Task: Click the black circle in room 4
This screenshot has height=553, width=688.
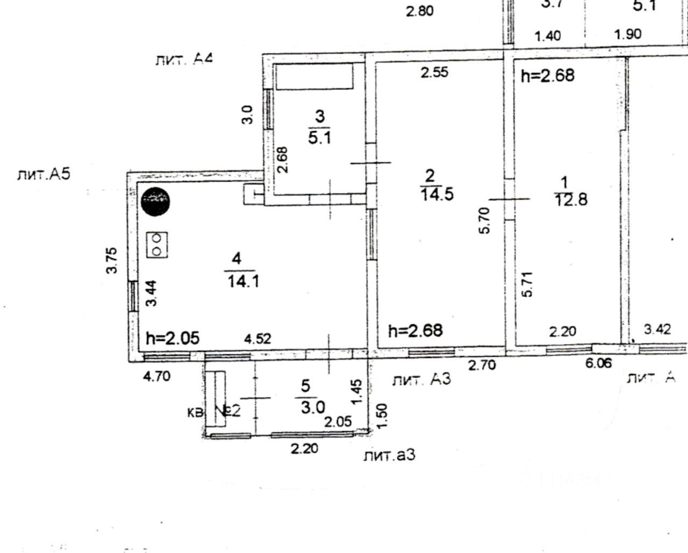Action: (x=155, y=201)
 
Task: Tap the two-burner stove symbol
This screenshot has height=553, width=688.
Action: (x=157, y=245)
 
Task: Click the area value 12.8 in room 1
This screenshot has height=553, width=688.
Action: (x=570, y=200)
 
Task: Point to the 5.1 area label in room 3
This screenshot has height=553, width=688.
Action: (x=319, y=138)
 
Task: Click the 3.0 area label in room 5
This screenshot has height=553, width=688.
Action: (x=312, y=407)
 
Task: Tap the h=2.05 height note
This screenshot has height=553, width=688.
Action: (x=173, y=338)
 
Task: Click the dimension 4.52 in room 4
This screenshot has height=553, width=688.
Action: (x=257, y=339)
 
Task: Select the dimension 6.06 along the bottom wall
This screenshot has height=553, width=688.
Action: (x=598, y=364)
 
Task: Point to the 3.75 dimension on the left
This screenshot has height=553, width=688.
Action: (x=112, y=260)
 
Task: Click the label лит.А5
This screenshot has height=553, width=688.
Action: (x=44, y=175)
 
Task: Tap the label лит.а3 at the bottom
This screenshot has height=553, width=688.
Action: (x=389, y=456)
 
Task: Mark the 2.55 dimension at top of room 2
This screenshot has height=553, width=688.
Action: (x=434, y=73)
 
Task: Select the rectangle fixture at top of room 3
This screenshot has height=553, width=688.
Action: (x=314, y=76)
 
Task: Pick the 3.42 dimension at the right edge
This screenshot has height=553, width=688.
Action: (x=657, y=329)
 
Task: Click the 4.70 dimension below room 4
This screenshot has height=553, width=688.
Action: (x=156, y=377)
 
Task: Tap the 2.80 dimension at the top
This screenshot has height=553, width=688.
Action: (x=419, y=11)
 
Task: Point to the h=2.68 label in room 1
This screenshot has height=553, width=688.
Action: (x=548, y=76)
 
